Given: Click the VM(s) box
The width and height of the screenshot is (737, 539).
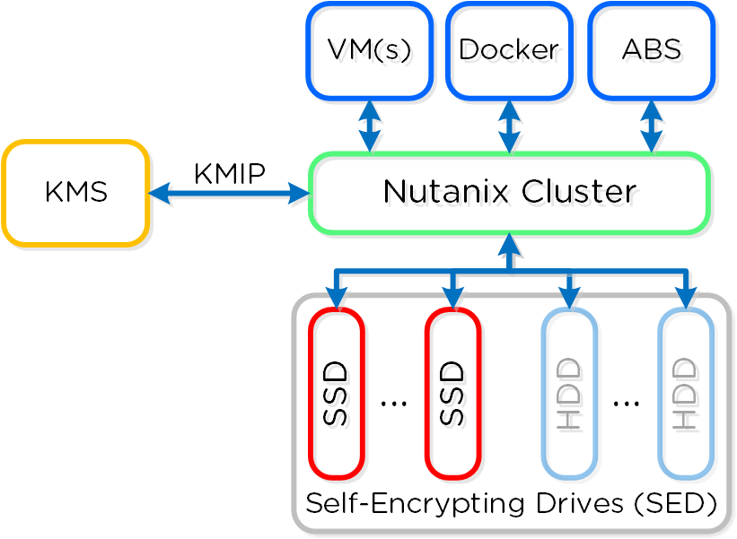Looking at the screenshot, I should click(x=369, y=50).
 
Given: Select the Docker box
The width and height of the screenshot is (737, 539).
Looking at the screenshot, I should click(x=509, y=50).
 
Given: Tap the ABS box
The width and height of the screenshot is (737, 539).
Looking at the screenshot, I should click(x=651, y=50).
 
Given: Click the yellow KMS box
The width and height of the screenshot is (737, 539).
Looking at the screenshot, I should click(x=75, y=193).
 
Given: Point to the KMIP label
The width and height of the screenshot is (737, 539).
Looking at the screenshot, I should click(x=229, y=173).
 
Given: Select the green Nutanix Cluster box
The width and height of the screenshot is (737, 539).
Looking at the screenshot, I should click(x=509, y=193).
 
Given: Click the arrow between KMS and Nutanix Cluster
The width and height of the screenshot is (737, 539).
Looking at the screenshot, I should click(x=229, y=193).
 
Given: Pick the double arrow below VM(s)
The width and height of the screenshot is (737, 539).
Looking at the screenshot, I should click(x=369, y=126).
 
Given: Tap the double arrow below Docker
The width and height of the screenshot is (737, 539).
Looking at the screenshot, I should click(x=509, y=126).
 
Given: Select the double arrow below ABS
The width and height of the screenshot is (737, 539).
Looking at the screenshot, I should click(x=651, y=126).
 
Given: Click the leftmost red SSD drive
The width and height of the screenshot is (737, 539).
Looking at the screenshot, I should click(x=336, y=394).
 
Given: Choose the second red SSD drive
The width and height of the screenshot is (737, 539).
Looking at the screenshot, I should click(x=452, y=394).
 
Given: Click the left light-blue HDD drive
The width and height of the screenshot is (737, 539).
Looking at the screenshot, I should click(x=569, y=394).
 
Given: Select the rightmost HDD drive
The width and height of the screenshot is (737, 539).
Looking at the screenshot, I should click(x=685, y=394).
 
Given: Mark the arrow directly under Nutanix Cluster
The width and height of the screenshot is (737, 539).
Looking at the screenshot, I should click(x=509, y=252).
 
